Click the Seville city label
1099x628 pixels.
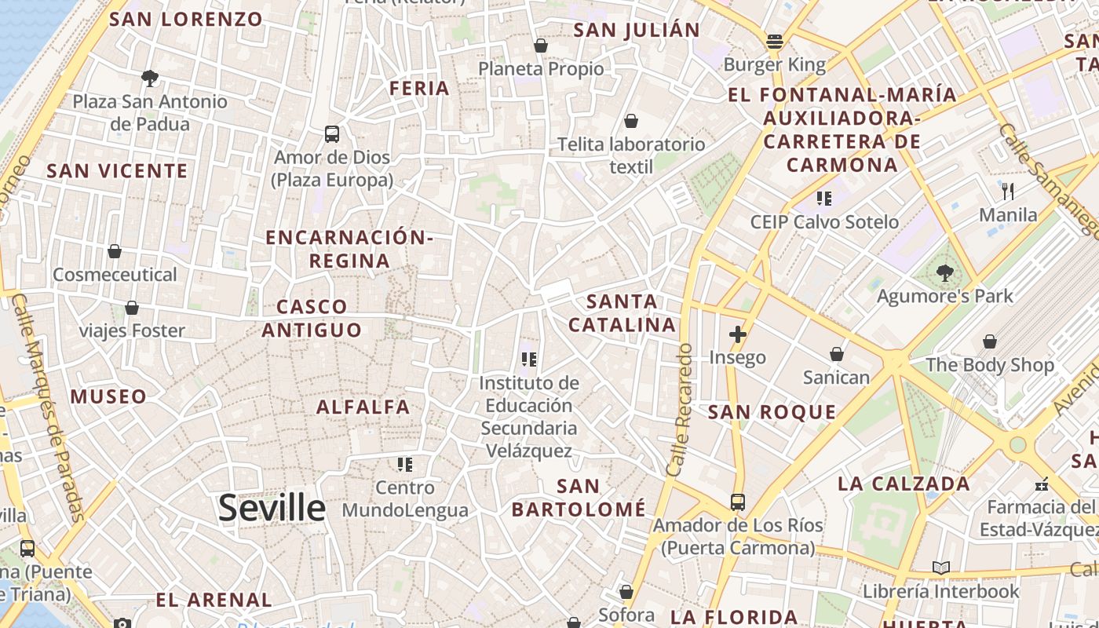click(x=272, y=508)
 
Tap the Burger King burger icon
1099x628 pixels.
click(x=775, y=41)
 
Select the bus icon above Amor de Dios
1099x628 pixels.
click(x=332, y=134)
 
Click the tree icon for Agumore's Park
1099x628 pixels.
click(x=944, y=273)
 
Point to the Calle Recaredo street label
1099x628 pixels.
click(x=679, y=409)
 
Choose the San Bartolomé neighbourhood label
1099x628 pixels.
click(x=579, y=498)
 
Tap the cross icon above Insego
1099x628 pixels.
click(x=737, y=334)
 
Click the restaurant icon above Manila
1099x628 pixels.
click(x=1008, y=191)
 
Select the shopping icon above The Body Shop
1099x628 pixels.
click(x=989, y=341)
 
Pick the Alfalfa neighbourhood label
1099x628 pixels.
click(x=363, y=407)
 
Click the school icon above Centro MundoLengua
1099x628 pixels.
click(x=405, y=465)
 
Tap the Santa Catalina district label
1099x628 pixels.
click(x=622, y=312)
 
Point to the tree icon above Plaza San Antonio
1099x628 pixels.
click(x=149, y=78)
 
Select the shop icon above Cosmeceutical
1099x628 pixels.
click(x=115, y=251)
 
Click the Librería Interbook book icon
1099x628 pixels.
click(x=940, y=568)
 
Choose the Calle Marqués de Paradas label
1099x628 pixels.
click(x=49, y=408)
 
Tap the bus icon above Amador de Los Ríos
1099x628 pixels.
click(x=737, y=502)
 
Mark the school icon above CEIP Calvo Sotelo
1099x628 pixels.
click(x=823, y=198)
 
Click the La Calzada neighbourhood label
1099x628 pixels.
click(x=904, y=483)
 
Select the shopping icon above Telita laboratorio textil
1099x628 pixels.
click(x=631, y=121)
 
